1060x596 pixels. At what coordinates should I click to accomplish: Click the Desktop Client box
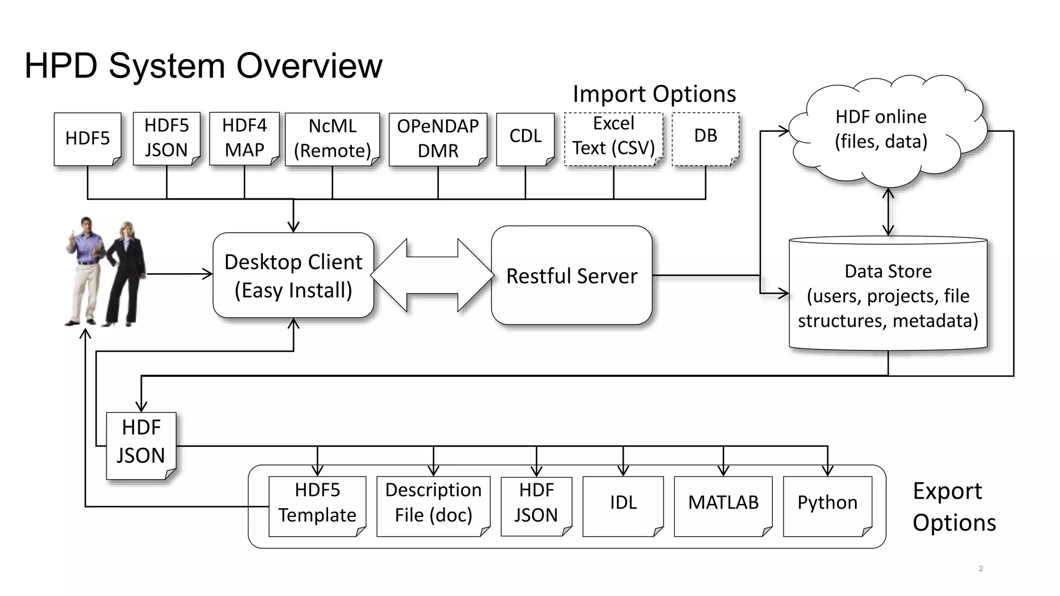pyautogui.click(x=293, y=275)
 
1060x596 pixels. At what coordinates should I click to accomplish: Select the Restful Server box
pyautogui.click(x=571, y=275)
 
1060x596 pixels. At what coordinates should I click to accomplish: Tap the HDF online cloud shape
pyautogui.click(x=881, y=129)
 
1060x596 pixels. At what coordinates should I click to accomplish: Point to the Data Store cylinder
pyautogui.click(x=888, y=295)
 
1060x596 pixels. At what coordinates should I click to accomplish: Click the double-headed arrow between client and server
pyautogui.click(x=432, y=275)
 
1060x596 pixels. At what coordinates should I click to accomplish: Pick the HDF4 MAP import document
pyautogui.click(x=244, y=138)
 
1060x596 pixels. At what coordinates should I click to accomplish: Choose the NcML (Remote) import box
pyautogui.click(x=332, y=139)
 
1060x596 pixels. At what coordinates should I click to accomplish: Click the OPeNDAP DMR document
pyautogui.click(x=438, y=139)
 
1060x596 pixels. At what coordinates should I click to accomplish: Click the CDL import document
pyautogui.click(x=525, y=137)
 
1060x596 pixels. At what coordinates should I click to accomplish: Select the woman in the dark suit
pyautogui.click(x=124, y=274)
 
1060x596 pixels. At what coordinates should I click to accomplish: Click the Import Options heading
pyautogui.click(x=654, y=94)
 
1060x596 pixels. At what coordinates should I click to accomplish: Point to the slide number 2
pyautogui.click(x=981, y=569)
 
